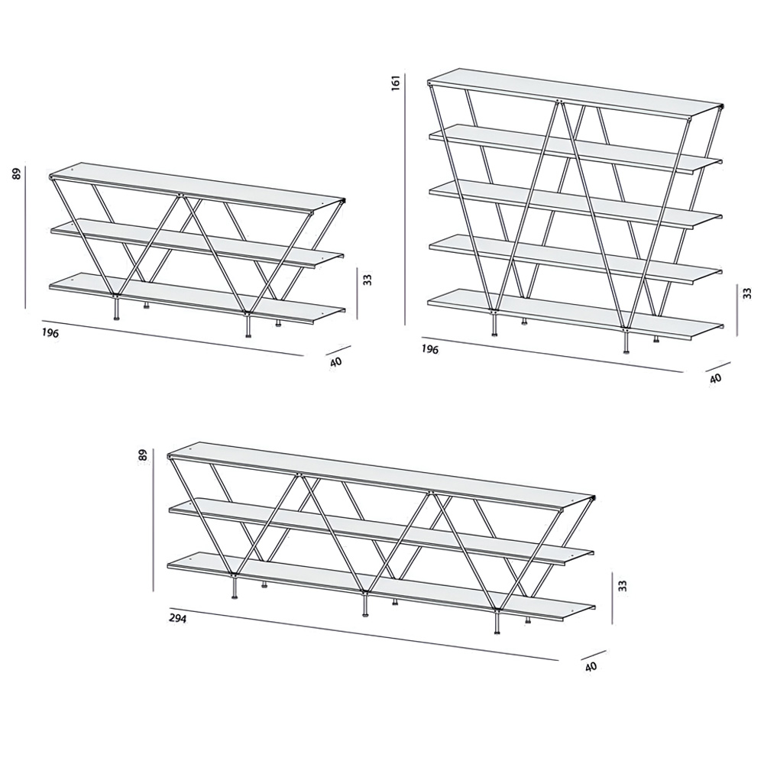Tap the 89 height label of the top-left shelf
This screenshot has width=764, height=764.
[x=17, y=174]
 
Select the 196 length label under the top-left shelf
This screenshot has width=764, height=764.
[x=50, y=333]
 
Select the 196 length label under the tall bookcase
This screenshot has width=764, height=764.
[x=429, y=349]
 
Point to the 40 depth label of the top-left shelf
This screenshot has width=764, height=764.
[x=335, y=361]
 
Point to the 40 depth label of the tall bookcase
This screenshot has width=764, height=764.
[x=715, y=377]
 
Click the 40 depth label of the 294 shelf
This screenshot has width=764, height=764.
[x=591, y=666]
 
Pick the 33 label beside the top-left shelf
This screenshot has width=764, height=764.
[x=368, y=279]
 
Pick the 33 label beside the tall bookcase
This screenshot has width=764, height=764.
[x=748, y=293]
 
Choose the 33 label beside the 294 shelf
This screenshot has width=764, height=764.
[x=622, y=586]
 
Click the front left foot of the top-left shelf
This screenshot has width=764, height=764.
[x=116, y=309]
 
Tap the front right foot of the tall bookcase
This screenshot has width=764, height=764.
[x=626, y=341]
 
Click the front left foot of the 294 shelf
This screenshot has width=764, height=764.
[x=235, y=587]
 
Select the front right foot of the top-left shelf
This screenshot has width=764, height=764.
[x=248, y=325]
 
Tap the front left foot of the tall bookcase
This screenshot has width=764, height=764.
[x=494, y=325]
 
